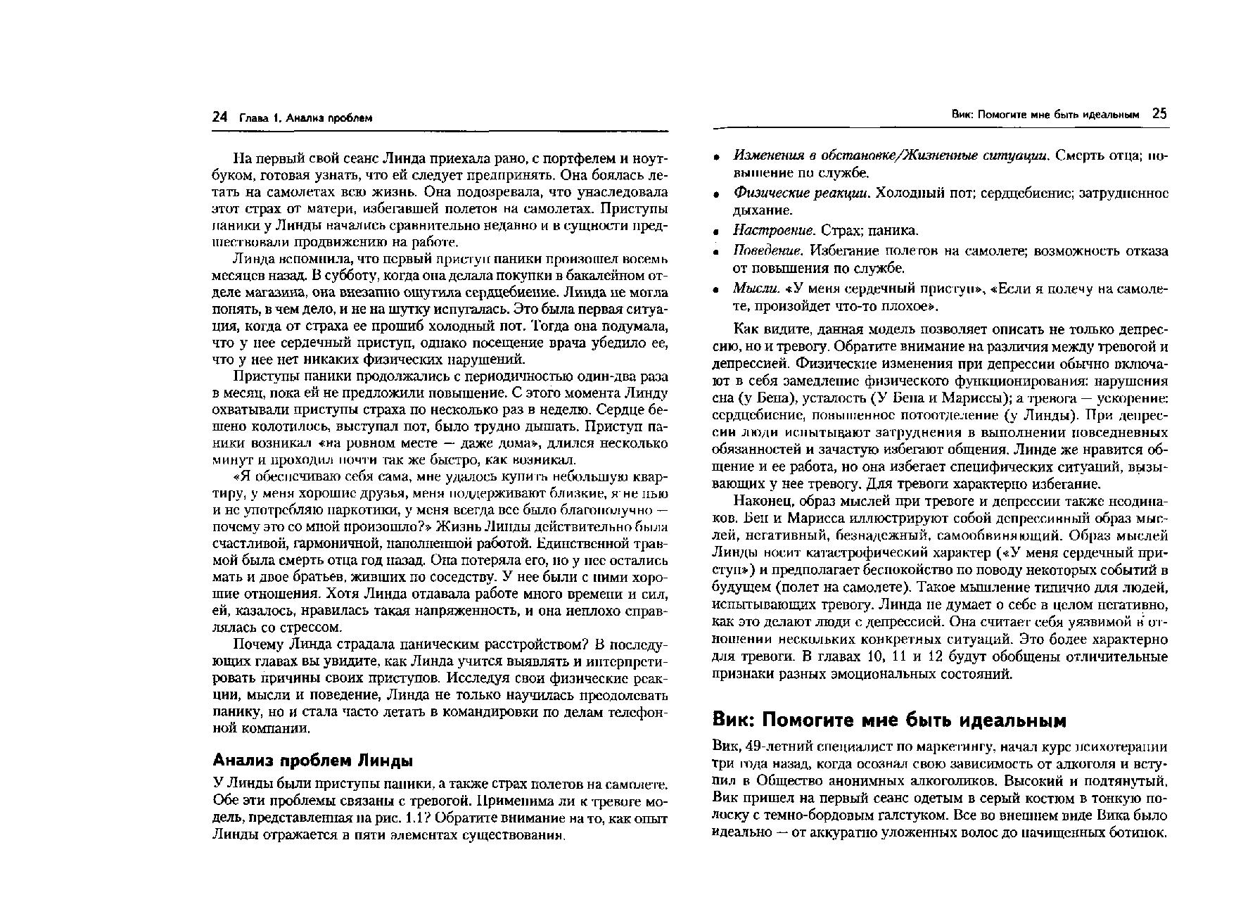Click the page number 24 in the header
point(220,117)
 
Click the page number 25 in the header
point(1160,114)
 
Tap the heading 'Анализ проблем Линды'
point(312,761)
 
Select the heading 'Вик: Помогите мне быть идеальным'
point(890,720)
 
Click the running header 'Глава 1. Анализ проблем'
point(305,118)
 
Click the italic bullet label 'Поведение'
point(768,250)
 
